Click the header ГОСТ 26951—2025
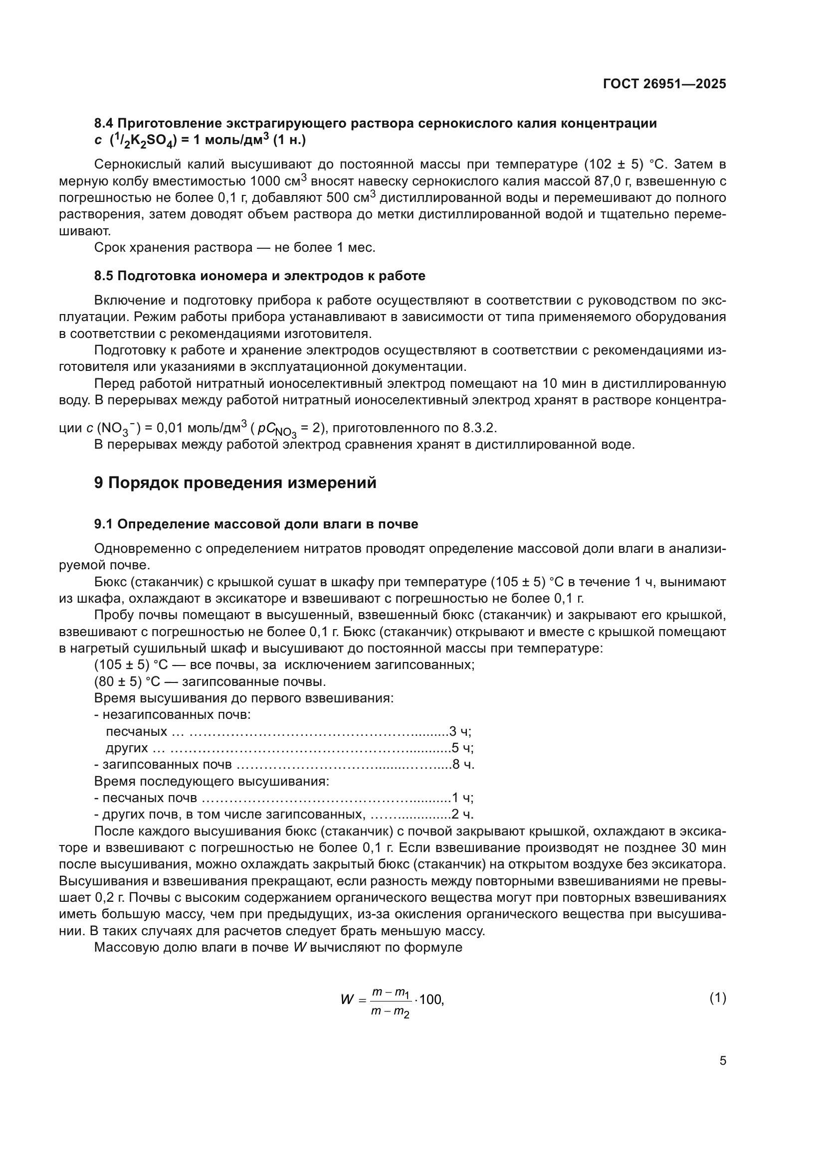[664, 84]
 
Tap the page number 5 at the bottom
[722, 1060]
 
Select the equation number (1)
[717, 998]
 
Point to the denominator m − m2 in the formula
[390, 1012]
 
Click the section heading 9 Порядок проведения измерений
[235, 483]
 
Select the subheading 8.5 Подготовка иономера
[259, 276]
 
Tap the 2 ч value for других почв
[462, 814]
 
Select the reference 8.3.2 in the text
[478, 428]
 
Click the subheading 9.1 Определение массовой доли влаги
[256, 524]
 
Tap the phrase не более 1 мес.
[324, 248]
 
